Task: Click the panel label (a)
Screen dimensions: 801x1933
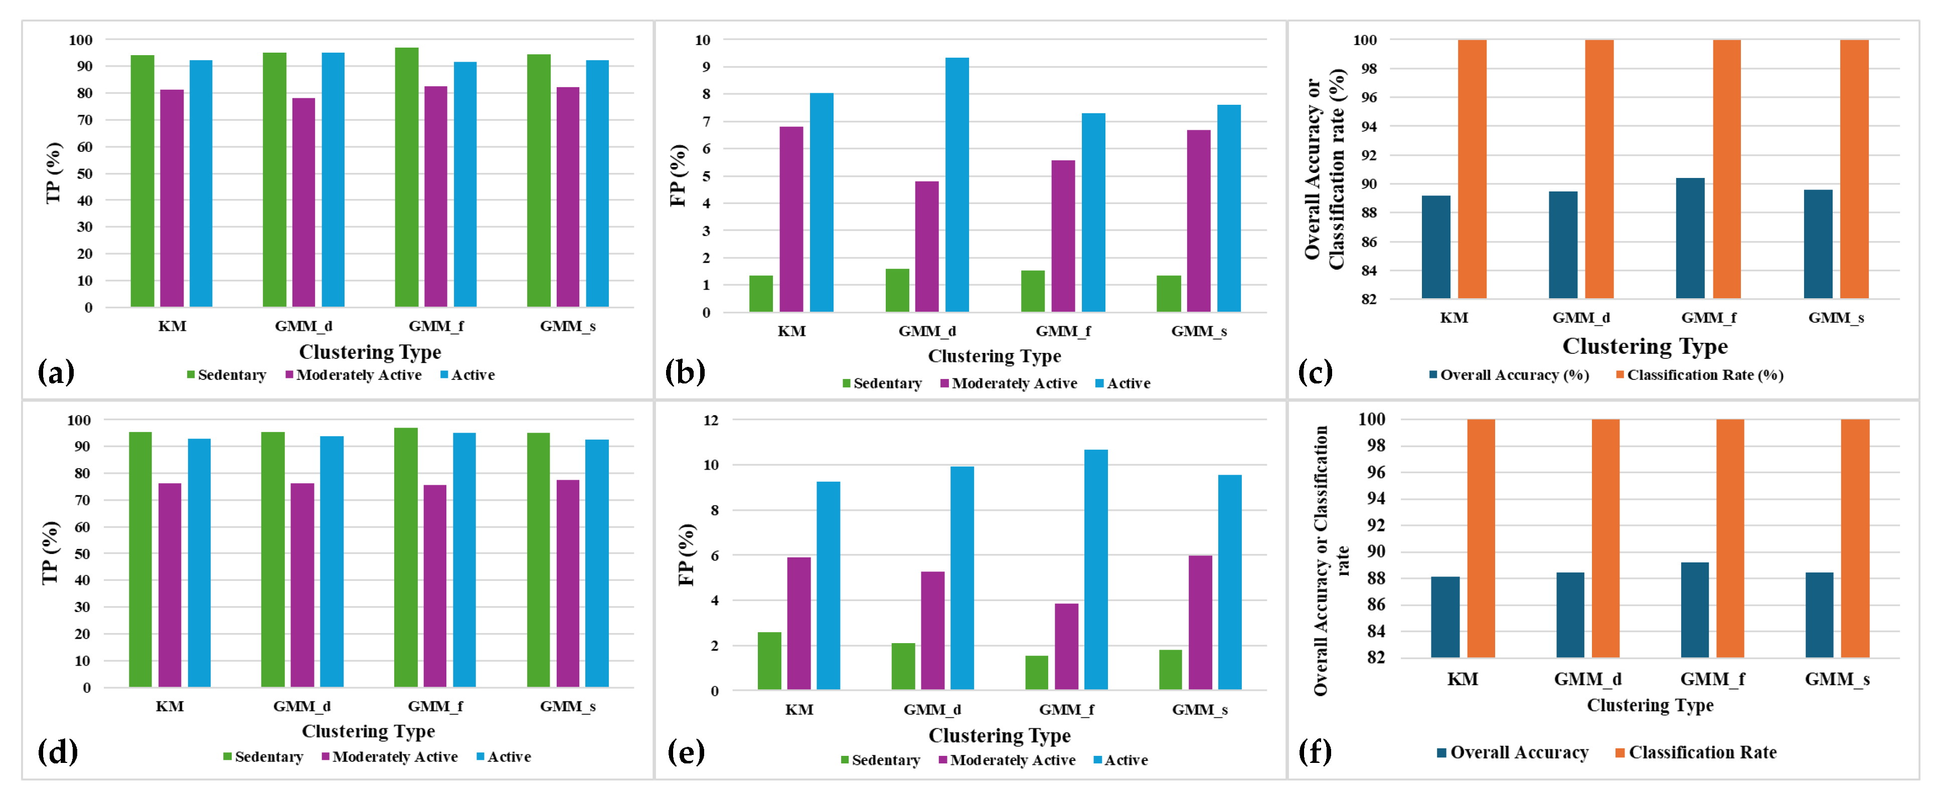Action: (56, 372)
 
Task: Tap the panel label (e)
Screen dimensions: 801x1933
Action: (686, 751)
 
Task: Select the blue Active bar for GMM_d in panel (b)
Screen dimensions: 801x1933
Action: (957, 184)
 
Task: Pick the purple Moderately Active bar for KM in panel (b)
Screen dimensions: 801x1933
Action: (791, 219)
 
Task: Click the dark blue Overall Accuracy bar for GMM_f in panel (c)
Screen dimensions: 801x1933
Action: (1690, 239)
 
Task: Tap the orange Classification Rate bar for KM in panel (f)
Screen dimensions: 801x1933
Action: (1481, 538)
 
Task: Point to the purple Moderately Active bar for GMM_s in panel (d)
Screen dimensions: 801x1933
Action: (568, 583)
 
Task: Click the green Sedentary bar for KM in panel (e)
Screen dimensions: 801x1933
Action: (769, 661)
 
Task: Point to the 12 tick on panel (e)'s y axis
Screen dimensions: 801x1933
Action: (710, 421)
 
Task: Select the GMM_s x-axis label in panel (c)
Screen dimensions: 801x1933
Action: (1836, 318)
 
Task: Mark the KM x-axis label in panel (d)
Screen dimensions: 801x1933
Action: (170, 706)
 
